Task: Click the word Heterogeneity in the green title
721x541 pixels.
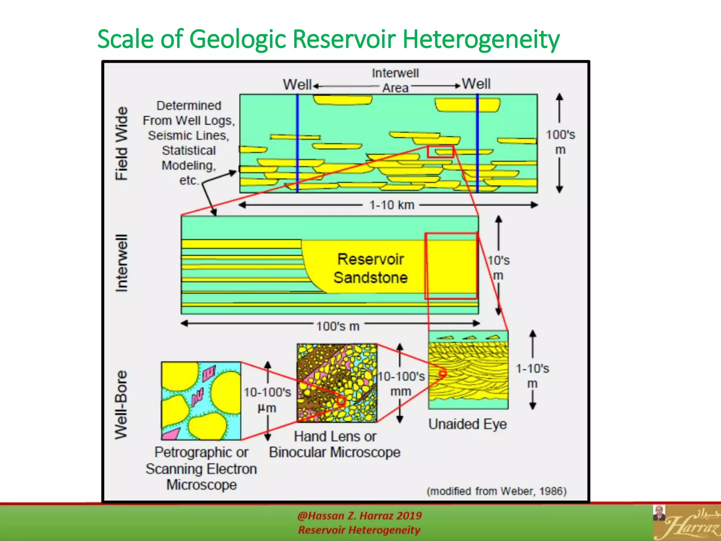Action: (x=481, y=39)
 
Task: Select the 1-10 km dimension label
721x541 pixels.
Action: (x=391, y=205)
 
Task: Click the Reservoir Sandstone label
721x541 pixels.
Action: (x=370, y=268)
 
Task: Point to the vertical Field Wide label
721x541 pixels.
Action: (x=122, y=144)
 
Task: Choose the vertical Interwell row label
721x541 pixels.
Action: (x=122, y=263)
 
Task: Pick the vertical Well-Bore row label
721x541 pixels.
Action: (x=121, y=405)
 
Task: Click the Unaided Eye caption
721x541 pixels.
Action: (x=468, y=424)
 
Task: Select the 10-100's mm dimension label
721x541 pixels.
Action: (x=401, y=384)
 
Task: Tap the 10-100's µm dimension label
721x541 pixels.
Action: (x=267, y=400)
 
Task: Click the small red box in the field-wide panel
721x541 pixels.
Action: (x=440, y=151)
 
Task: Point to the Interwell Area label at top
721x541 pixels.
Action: (x=395, y=80)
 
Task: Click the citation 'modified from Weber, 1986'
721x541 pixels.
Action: (x=496, y=491)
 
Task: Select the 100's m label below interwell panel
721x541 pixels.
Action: (x=338, y=326)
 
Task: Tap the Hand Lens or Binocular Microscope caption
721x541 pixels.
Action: (x=335, y=444)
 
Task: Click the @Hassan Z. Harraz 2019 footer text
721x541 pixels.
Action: (x=359, y=516)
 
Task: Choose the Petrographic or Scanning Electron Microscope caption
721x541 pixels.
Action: (x=201, y=468)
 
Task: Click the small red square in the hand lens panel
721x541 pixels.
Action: (x=341, y=401)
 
